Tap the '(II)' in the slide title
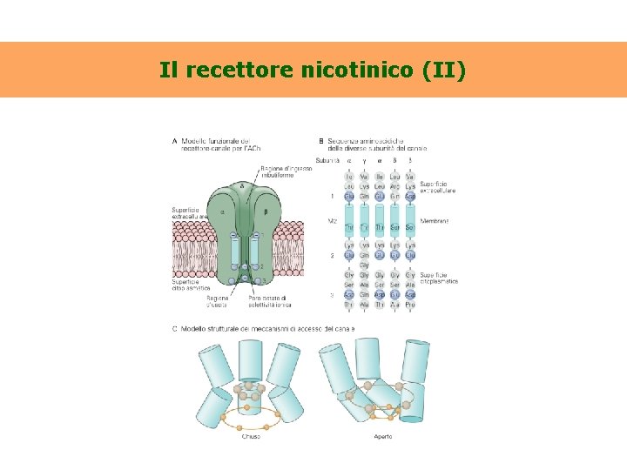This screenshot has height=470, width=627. [x=444, y=69]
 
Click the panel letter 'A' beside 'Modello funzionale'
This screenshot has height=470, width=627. [x=175, y=141]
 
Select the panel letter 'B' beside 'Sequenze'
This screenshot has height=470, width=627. [x=321, y=141]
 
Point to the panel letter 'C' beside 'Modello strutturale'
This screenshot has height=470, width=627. [x=175, y=328]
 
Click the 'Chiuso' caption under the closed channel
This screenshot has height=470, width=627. [x=251, y=436]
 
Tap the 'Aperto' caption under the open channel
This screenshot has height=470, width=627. [x=382, y=436]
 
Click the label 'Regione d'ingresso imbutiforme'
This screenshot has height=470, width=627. [x=277, y=171]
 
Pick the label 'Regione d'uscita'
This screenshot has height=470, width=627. [x=218, y=300]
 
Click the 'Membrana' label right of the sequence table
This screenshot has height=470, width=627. [x=435, y=221]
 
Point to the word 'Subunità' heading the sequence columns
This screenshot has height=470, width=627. [x=328, y=159]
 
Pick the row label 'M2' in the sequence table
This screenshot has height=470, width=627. [x=332, y=221]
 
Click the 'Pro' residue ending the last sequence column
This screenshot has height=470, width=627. [x=410, y=305]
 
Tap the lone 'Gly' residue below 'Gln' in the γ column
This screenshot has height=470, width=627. [x=365, y=265]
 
